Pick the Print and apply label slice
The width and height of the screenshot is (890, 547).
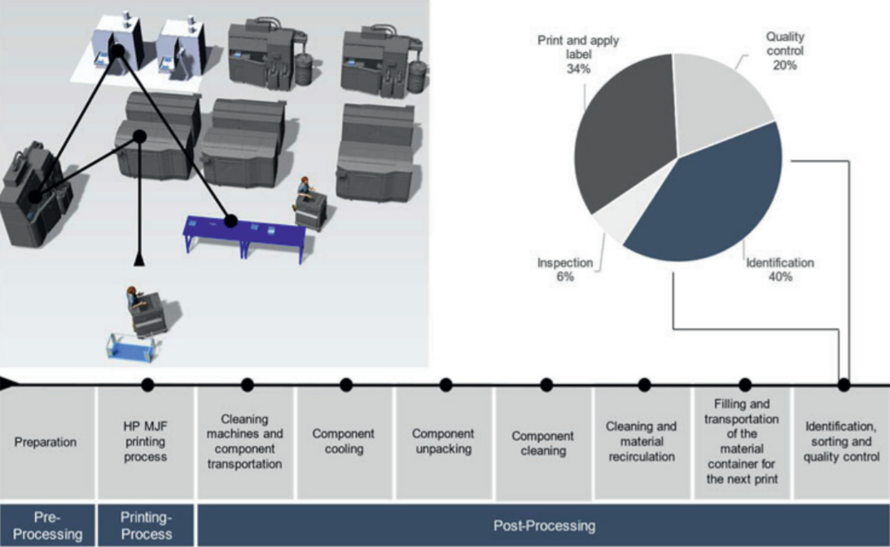pyautogui.click(x=623, y=139)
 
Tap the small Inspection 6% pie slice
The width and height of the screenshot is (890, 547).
pyautogui.click(x=613, y=228)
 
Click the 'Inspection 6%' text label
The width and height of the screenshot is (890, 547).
pyautogui.click(x=565, y=270)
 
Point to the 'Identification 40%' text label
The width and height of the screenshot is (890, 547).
pyautogui.click(x=779, y=270)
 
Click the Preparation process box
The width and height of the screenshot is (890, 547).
pyautogui.click(x=46, y=443)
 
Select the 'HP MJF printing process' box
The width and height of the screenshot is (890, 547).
pyautogui.click(x=146, y=443)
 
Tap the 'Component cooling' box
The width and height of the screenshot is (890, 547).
pyautogui.click(x=344, y=443)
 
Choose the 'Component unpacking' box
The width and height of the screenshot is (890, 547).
pyautogui.click(x=443, y=443)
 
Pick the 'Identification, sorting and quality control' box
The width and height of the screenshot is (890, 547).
pyautogui.click(x=841, y=443)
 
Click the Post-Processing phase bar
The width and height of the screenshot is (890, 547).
pyautogui.click(x=543, y=526)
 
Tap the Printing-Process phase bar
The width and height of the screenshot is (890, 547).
pyautogui.click(x=146, y=526)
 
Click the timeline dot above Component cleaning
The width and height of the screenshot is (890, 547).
pyautogui.click(x=546, y=384)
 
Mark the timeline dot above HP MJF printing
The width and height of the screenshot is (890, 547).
pyautogui.click(x=147, y=384)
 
